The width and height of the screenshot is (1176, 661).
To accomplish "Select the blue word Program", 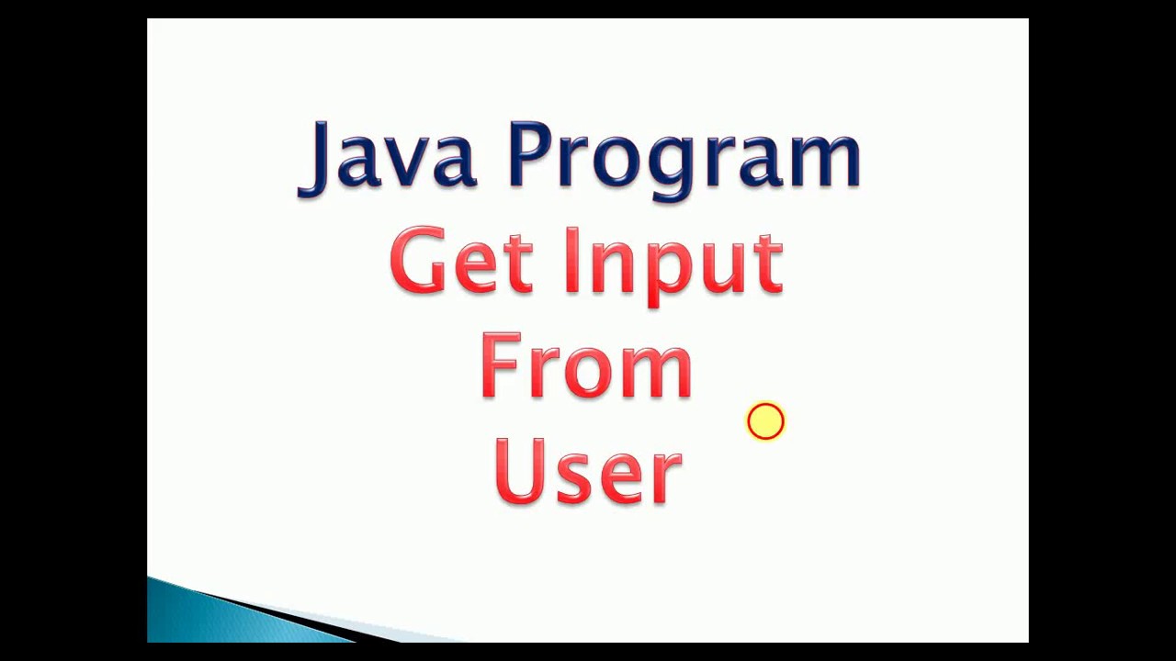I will coord(684,158).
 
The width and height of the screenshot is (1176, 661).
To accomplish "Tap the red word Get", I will coord(460,262).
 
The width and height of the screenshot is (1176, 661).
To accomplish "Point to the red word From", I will coord(585,365).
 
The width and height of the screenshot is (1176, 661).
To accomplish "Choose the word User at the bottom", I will coord(588,470).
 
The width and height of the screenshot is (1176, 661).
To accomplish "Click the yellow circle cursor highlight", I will coord(765,422).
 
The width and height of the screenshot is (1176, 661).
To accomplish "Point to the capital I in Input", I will coord(572,261).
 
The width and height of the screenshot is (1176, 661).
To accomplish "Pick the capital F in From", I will coord(499,364).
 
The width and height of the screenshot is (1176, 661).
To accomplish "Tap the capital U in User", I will coord(520,469).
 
